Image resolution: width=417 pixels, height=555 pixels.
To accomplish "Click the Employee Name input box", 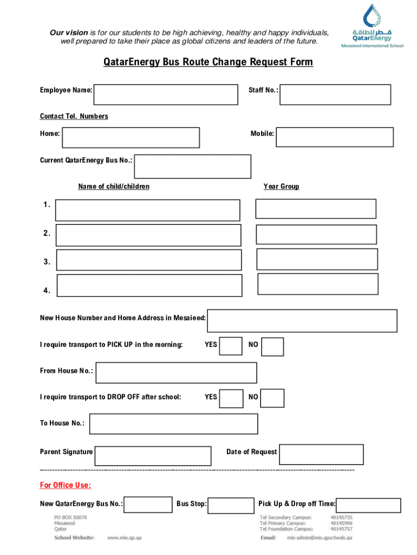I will click(166, 94).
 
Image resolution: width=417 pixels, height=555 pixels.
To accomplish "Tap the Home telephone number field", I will click(131, 138).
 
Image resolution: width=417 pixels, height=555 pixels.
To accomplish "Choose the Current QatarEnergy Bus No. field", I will click(193, 166).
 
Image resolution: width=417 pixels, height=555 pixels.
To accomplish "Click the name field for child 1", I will click(147, 210).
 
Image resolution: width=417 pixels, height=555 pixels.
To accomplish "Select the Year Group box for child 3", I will click(317, 259).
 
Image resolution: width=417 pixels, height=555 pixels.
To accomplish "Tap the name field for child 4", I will click(149, 286).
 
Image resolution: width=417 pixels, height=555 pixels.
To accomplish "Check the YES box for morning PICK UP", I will click(231, 346).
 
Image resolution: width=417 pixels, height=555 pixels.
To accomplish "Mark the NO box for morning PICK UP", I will click(273, 346).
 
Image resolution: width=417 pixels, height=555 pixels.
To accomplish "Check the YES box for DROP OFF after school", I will click(232, 398).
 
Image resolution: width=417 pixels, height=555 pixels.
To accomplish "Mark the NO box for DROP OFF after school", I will click(273, 398).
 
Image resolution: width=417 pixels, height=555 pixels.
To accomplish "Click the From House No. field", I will click(176, 372).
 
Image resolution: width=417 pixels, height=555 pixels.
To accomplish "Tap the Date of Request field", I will click(321, 455).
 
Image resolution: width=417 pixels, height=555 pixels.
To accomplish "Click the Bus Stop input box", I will click(231, 505).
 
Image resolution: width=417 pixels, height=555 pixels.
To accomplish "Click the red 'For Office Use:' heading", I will click(66, 485).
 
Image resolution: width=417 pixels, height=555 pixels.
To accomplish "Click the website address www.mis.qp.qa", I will click(125, 538).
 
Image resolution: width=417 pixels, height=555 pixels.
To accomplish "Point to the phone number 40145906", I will click(341, 524).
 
